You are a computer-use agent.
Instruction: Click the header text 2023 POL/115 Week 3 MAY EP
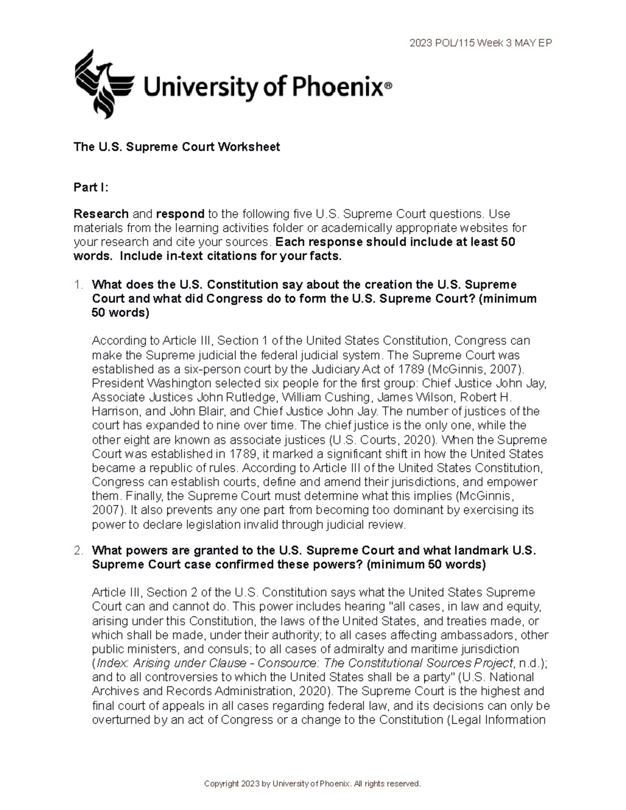tap(480, 43)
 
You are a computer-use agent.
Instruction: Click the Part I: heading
tap(91, 188)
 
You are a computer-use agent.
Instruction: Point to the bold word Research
tap(101, 214)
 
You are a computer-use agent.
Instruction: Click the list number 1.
tap(79, 285)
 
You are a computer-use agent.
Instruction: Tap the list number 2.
tap(79, 550)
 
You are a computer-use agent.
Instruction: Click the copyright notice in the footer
tap(312, 784)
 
